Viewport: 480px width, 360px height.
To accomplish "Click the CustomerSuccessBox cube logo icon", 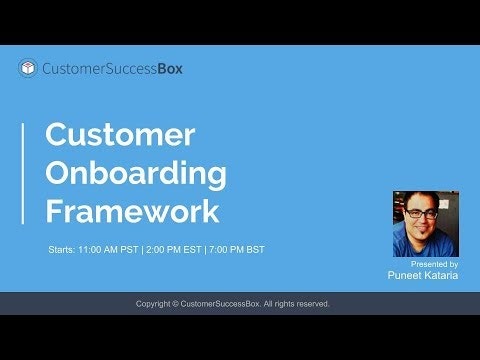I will coord(29,69).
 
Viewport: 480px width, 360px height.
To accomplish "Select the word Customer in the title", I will coord(120,135).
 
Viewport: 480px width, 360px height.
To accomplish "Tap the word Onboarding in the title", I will coord(136,173).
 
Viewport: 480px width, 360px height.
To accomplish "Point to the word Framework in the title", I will coord(132,211).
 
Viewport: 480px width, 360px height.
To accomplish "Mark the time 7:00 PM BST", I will coord(236,248).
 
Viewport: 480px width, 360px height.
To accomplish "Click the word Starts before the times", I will coord(62,248).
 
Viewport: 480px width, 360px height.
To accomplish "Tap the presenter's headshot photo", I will coord(425,224).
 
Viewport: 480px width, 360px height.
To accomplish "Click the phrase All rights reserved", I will coord(302,303).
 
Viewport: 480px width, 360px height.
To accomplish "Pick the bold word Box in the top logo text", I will coord(169,69).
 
